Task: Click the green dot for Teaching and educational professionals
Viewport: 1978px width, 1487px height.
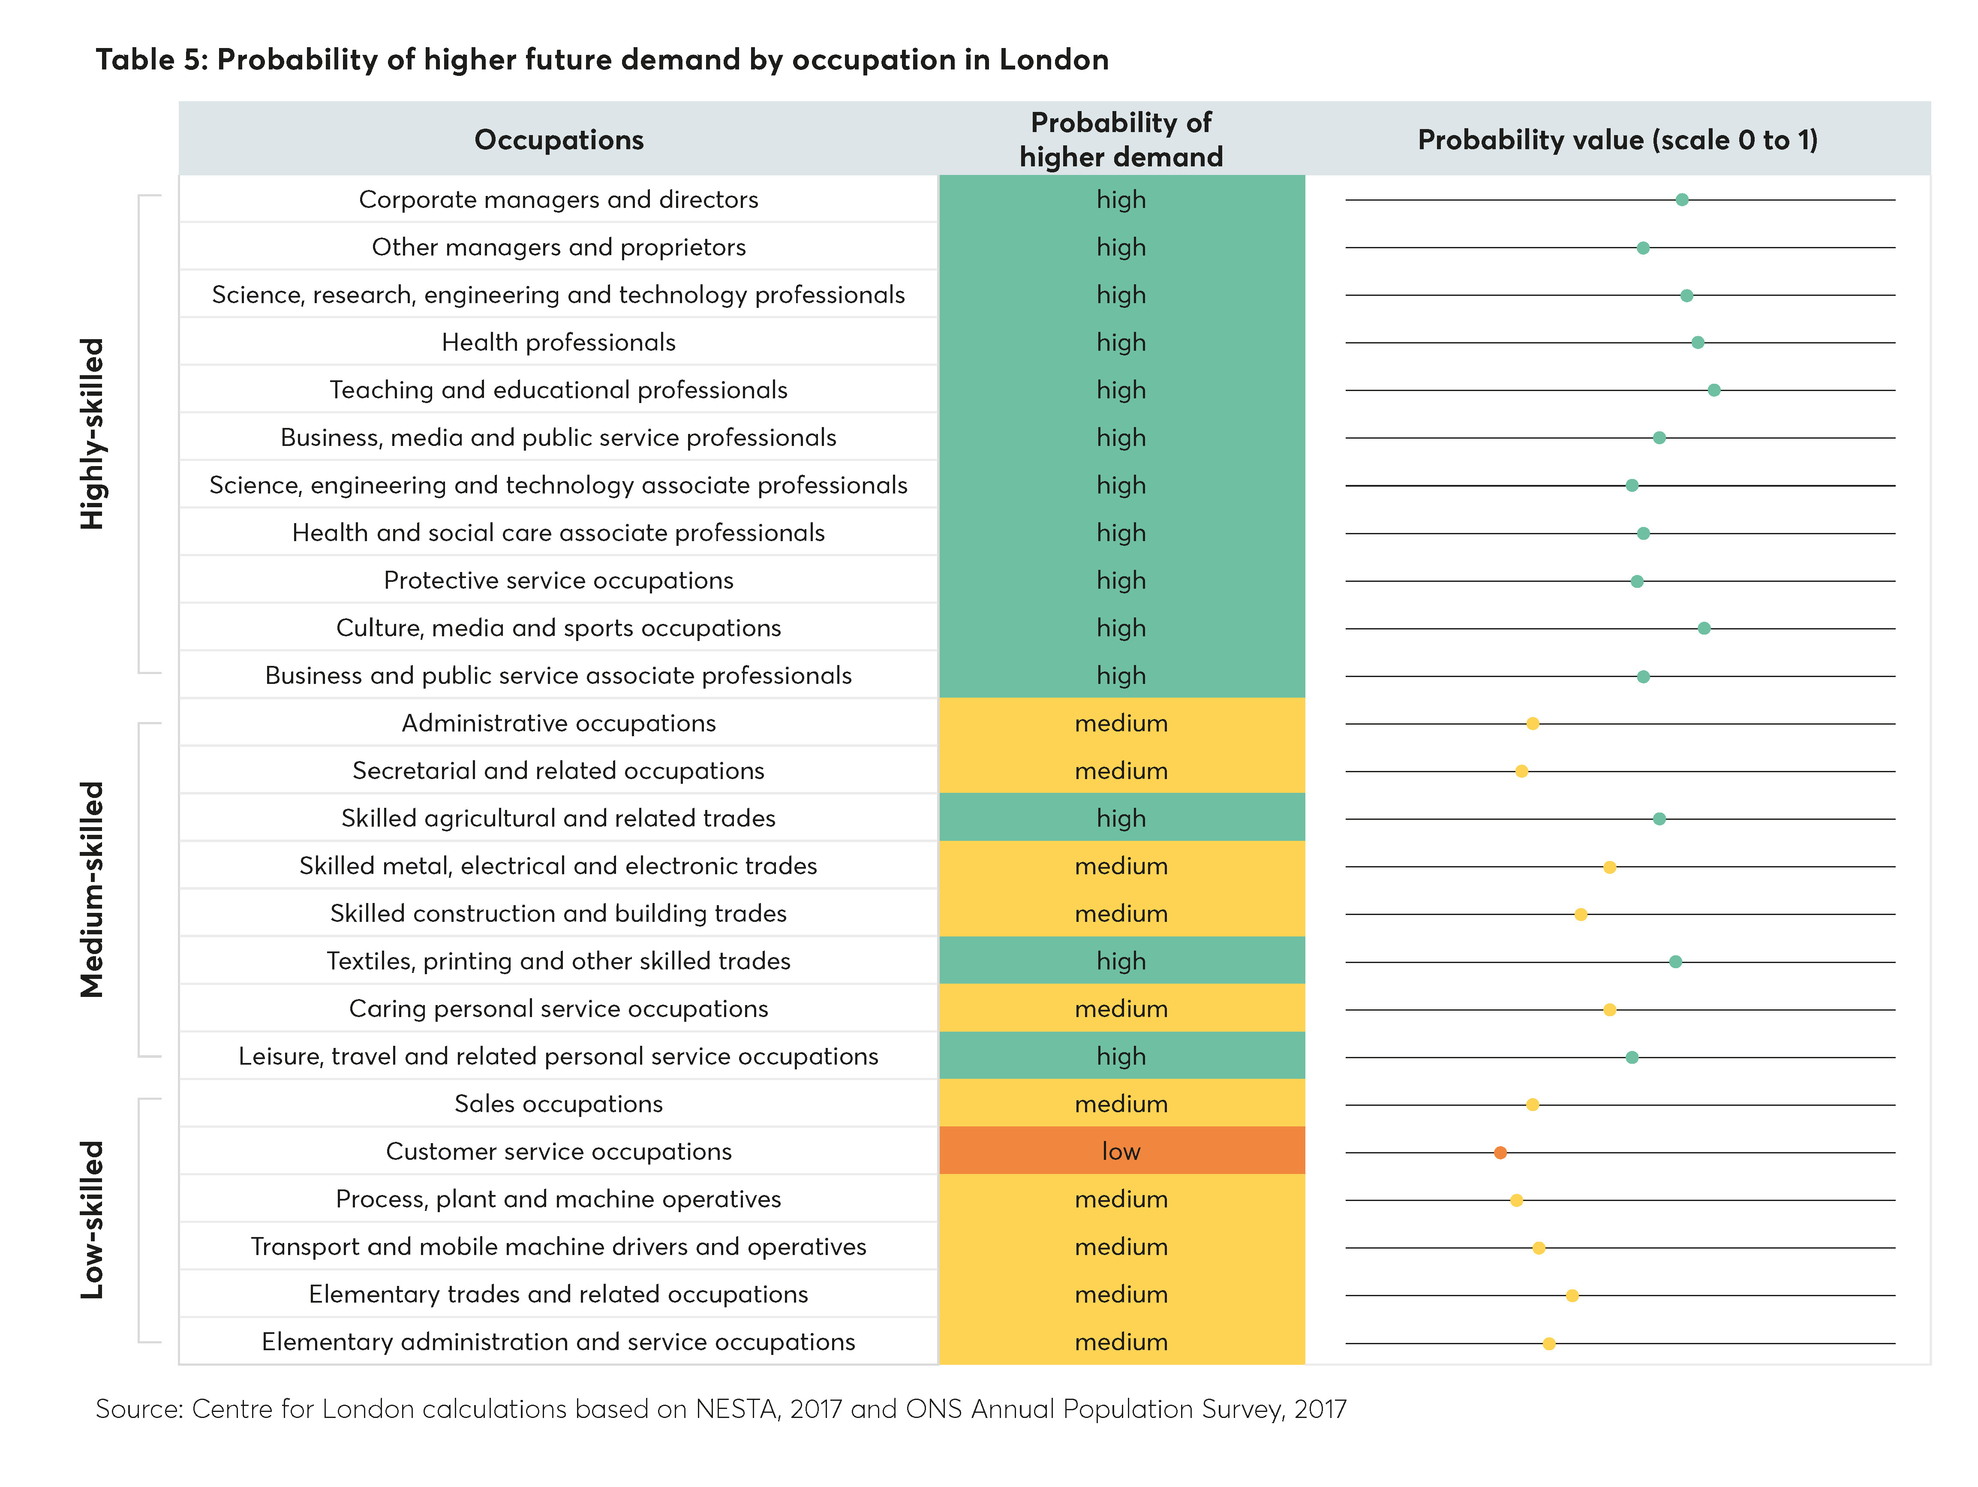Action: click(x=1713, y=390)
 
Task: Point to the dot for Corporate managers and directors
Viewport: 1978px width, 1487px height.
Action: click(x=1681, y=199)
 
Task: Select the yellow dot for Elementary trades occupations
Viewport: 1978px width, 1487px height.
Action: click(x=1572, y=1296)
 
